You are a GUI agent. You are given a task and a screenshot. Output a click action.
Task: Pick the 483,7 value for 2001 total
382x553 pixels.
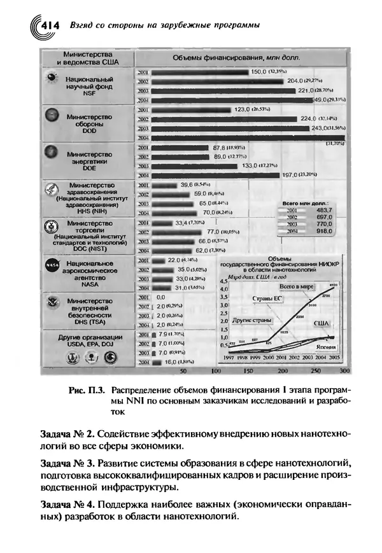click(x=325, y=209)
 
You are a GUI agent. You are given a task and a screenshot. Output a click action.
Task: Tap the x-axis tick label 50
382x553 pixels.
click(x=183, y=370)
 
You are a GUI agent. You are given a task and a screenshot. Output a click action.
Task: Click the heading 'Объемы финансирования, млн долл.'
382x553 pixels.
click(x=237, y=57)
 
